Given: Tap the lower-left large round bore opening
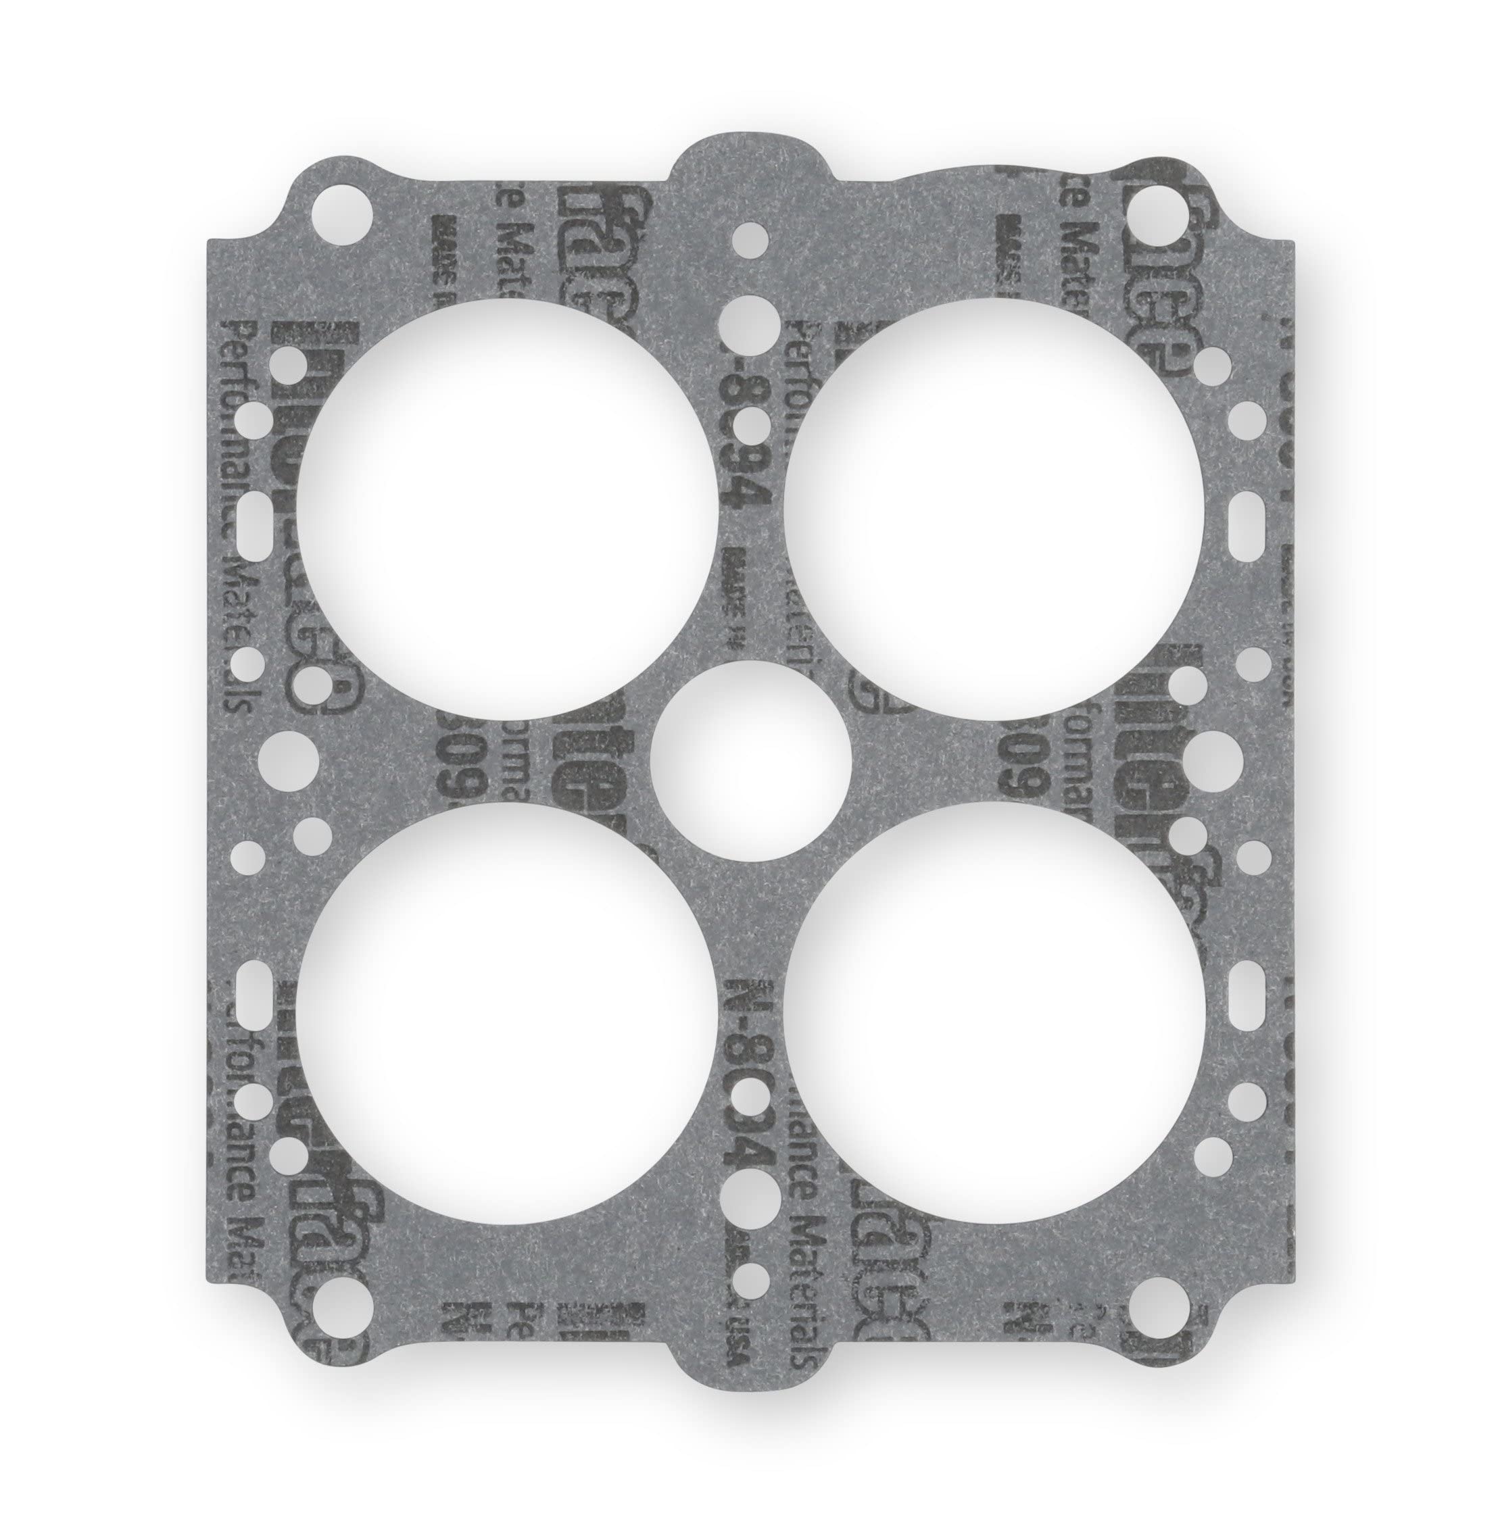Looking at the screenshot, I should (x=506, y=1018).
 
